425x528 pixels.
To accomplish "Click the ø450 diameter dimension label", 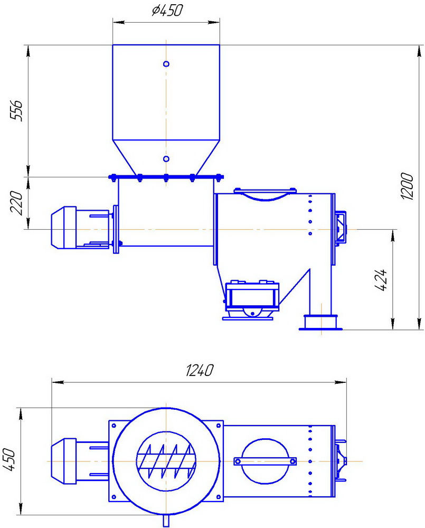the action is [x=167, y=11].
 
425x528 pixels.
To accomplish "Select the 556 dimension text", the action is [x=16, y=110].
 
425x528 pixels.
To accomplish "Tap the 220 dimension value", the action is [x=16, y=203].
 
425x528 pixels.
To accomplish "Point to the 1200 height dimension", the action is [x=407, y=186].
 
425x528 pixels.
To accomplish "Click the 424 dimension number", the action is [x=381, y=280].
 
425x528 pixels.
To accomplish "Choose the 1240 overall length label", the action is [x=200, y=370].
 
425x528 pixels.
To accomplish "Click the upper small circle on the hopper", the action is [x=166, y=64].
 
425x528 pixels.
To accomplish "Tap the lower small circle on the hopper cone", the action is [x=166, y=158].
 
